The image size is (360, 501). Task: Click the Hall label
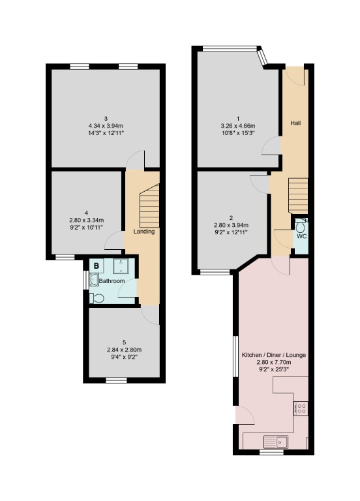click(295, 123)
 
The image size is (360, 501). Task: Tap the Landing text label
click(143, 232)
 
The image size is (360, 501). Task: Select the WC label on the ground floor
click(301, 236)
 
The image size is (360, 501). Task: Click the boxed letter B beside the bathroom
click(97, 266)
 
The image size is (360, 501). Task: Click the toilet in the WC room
click(301, 226)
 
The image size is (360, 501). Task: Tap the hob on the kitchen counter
click(302, 408)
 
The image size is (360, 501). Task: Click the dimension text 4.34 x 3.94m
click(105, 125)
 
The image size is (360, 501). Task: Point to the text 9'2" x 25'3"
click(274, 369)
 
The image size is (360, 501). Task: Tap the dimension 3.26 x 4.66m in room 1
click(237, 126)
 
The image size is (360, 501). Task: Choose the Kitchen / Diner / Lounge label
click(274, 355)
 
